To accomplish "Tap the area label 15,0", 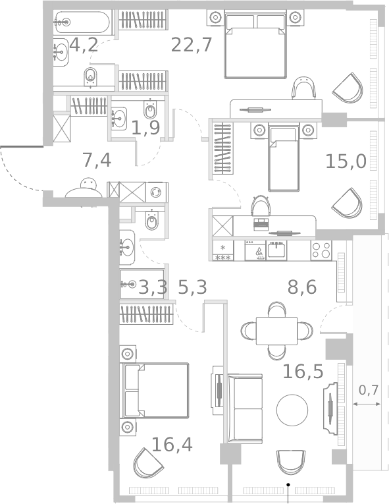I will pos(346,161).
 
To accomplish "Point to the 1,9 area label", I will pos(145,127).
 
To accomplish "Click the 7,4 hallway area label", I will pos(96,159).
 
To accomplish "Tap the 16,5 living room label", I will pos(303,372).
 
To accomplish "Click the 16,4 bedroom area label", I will pos(172,445).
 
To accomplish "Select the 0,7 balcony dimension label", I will pos(368,390).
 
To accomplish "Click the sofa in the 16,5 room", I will pos(245,408).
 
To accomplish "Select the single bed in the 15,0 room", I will pos(283,158).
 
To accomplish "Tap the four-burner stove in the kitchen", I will pos(321,250).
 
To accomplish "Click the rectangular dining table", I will pos(276,330).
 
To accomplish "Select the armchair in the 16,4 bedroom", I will pos(148,463).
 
